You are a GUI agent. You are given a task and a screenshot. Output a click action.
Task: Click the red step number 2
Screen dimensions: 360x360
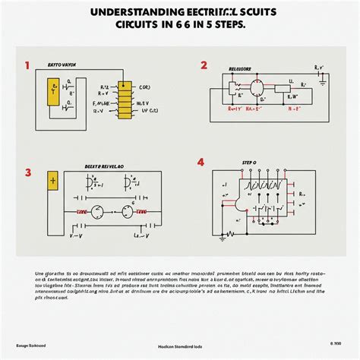coord(203,65)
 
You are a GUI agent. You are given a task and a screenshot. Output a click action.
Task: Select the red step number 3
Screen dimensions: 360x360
coord(28,172)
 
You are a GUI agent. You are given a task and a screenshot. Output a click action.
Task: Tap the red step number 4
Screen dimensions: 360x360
coord(201,163)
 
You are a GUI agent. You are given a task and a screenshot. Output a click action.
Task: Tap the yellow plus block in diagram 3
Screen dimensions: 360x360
coord(53,181)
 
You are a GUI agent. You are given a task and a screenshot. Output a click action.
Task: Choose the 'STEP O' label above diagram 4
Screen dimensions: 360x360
coord(249,162)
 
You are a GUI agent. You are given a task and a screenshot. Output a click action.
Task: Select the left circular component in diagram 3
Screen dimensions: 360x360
coord(98,213)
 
